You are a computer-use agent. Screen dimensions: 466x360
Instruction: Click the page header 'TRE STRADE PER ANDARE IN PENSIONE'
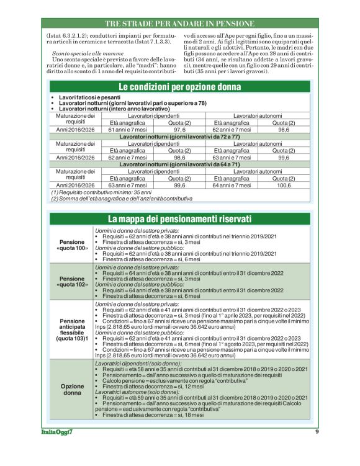tap(179, 23)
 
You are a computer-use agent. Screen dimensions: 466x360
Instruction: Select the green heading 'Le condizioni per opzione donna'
tap(179, 86)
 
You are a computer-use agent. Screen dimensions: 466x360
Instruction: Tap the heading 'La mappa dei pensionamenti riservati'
tap(179, 219)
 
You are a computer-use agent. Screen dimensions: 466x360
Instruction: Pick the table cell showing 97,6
tap(180, 129)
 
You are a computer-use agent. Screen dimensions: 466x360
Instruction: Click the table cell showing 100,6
tap(284, 185)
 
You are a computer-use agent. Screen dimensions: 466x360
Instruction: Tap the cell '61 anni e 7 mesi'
tap(128, 129)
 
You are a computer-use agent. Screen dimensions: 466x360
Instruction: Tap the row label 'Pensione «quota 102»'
tap(72, 282)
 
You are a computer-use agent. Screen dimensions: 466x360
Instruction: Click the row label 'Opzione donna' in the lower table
tap(72, 389)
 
